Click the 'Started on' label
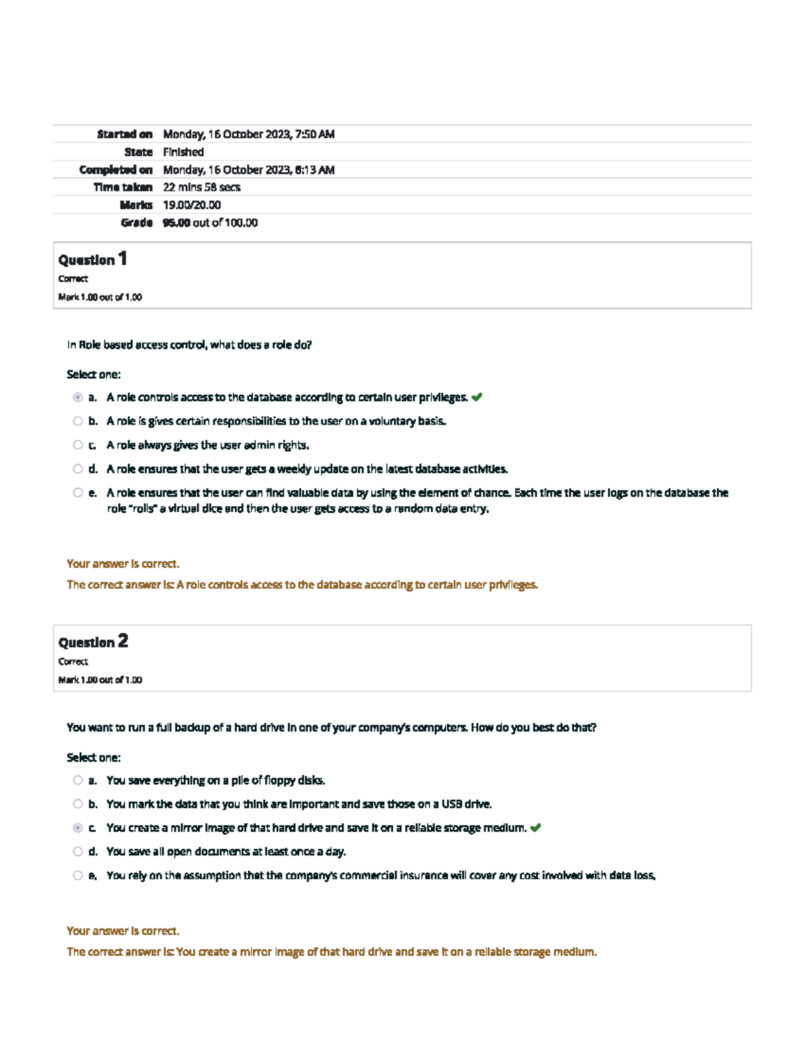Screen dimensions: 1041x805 tap(124, 134)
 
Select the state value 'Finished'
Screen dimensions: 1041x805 tap(183, 152)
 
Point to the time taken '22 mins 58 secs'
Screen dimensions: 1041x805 tap(201, 188)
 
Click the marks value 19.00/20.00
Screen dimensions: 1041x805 tap(191, 205)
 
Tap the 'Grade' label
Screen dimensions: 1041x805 tap(137, 223)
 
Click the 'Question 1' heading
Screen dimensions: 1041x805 tap(93, 259)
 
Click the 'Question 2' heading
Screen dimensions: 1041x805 tap(93, 642)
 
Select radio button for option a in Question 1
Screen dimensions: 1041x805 tap(78, 397)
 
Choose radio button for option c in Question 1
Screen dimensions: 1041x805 tap(78, 445)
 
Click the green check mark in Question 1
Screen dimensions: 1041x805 tap(477, 397)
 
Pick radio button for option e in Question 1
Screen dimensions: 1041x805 tap(78, 493)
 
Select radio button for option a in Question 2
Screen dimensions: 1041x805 tap(78, 780)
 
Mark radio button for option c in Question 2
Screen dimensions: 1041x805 tap(78, 828)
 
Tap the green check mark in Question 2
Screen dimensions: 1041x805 tap(535, 828)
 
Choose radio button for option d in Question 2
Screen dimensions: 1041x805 tap(78, 851)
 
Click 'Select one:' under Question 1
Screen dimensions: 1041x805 tap(93, 375)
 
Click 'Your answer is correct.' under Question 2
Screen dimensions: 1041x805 tap(123, 931)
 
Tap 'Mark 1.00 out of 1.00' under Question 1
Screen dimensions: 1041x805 tap(100, 297)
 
